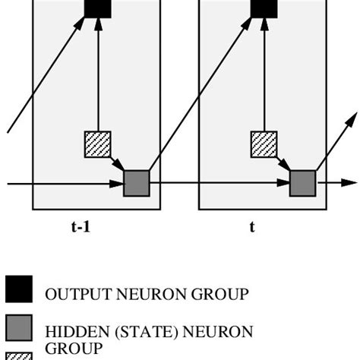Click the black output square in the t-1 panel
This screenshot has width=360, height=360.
(97, 8)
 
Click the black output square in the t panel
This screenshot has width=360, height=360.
(264, 8)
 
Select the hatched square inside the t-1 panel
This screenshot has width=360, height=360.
(97, 144)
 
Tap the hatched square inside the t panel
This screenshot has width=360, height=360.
(264, 144)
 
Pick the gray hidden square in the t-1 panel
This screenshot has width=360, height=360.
(137, 184)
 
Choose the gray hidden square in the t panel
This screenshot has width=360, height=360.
(302, 184)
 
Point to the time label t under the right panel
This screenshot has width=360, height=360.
(252, 226)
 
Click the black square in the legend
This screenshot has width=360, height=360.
(19, 289)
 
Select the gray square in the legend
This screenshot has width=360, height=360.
(19, 327)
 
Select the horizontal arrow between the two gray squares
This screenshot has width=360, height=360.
(220, 183)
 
